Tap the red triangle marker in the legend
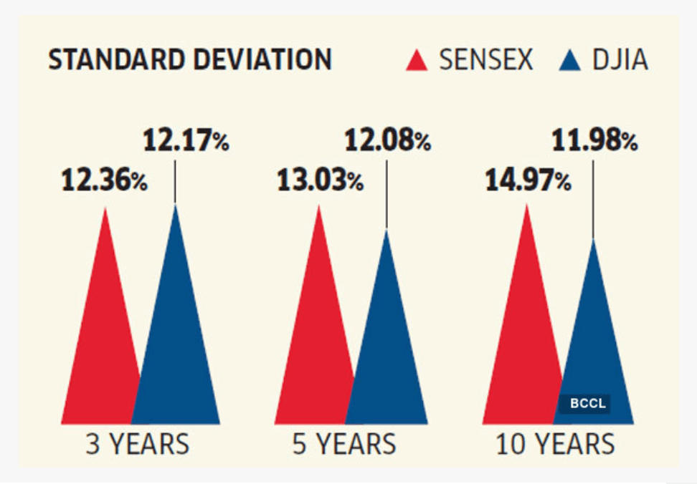pos(417,61)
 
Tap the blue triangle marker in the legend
pos(569,61)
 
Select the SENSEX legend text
pos(486,61)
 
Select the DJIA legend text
pos(620,61)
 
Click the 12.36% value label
pos(104,181)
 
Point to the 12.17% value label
pos(186,140)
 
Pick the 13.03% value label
pos(320,181)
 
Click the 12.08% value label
pos(388,140)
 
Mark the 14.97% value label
pos(528,181)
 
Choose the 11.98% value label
pos(594,140)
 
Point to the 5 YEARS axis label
pos(344,445)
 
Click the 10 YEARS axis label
pos(555,445)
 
